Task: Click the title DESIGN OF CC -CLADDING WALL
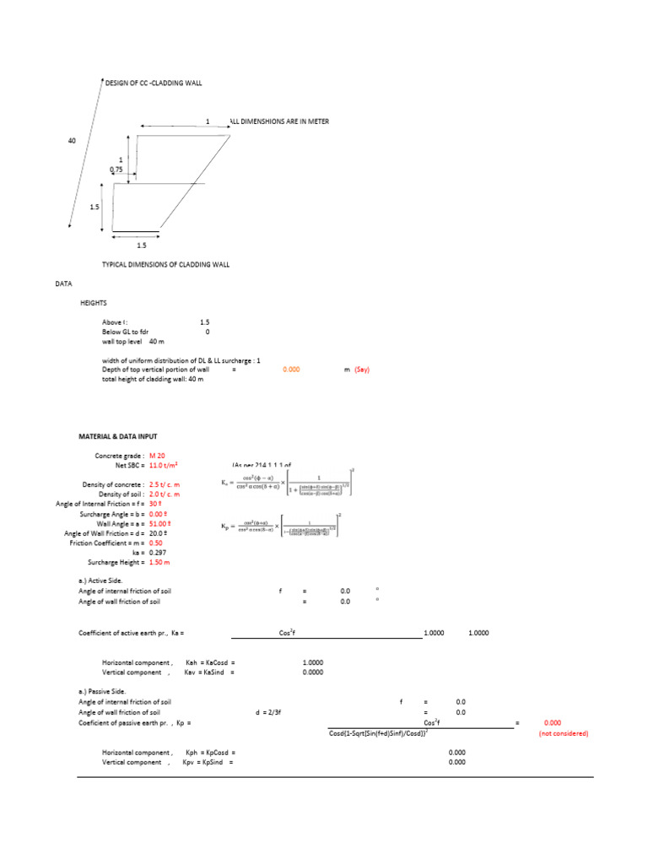click(153, 83)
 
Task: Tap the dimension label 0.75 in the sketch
click(116, 170)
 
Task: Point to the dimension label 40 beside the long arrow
click(72, 141)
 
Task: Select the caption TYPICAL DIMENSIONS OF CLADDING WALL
click(165, 264)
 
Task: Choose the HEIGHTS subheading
click(94, 302)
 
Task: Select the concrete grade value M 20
click(157, 456)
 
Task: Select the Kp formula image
click(286, 526)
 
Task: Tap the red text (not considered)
click(564, 733)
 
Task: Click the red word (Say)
click(361, 370)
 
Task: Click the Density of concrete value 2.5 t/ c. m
click(165, 484)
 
